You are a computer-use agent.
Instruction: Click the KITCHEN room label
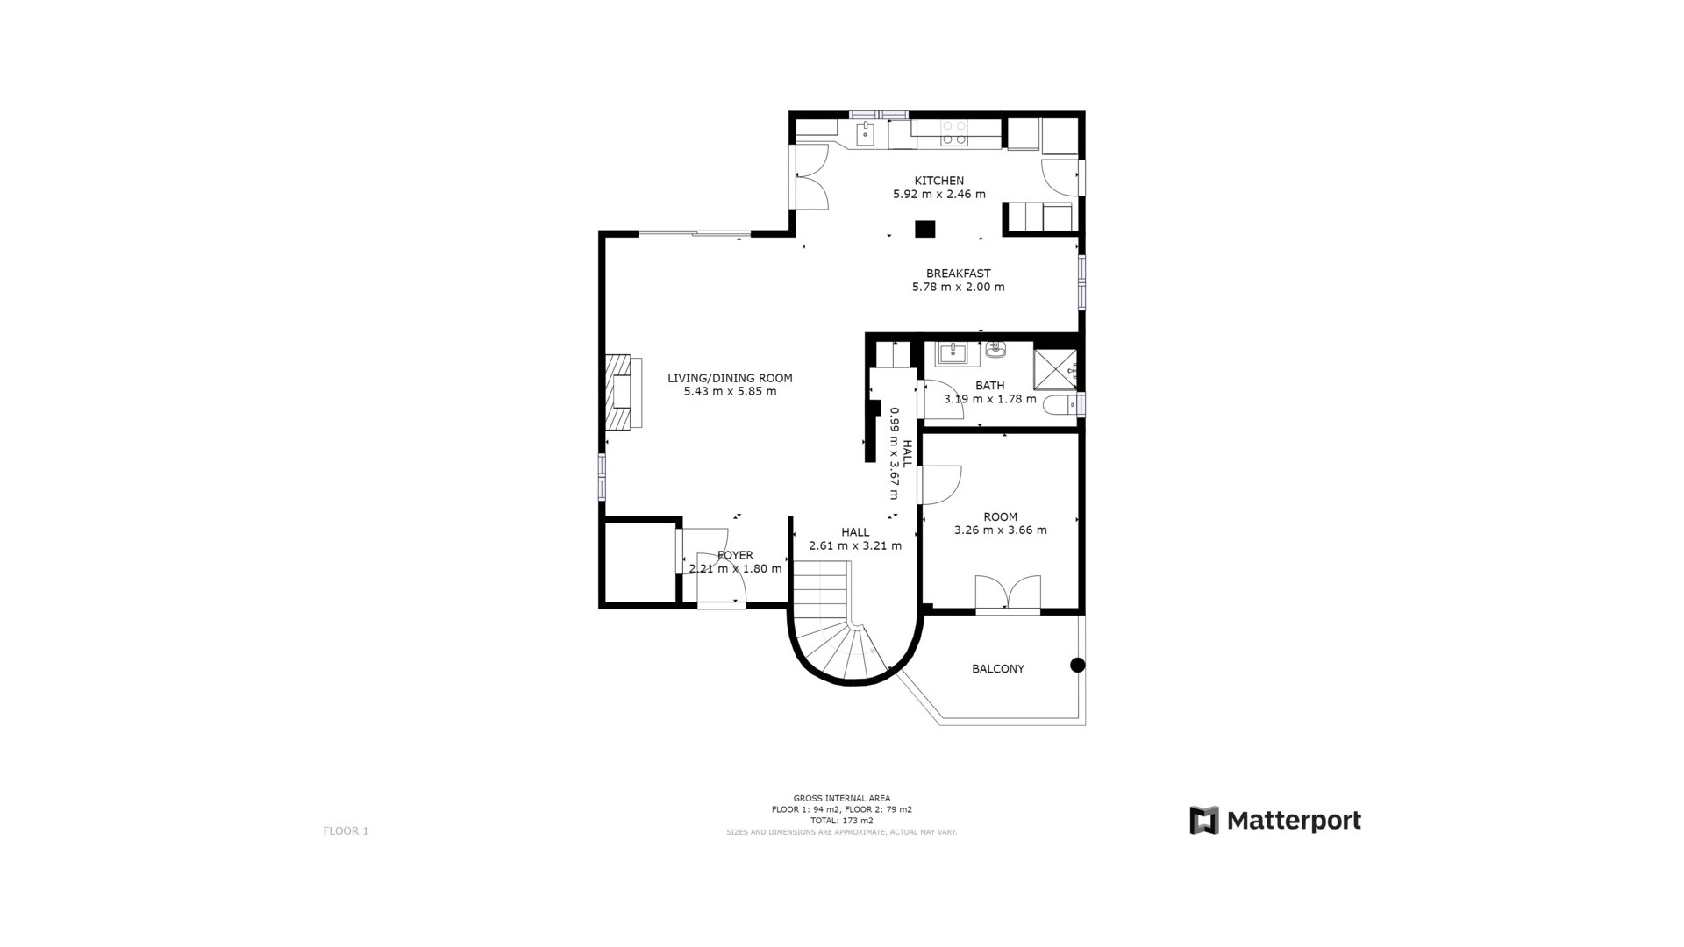(938, 181)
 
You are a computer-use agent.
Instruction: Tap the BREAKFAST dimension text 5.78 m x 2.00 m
(958, 287)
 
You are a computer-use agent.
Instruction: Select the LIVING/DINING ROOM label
(730, 378)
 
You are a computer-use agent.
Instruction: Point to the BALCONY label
(997, 668)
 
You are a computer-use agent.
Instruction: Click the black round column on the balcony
(1077, 665)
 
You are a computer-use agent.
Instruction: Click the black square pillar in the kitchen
(924, 229)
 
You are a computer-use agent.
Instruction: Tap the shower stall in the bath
(1054, 368)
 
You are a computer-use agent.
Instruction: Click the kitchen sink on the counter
(866, 134)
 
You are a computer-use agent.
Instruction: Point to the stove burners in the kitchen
(954, 132)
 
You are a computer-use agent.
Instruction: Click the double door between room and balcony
(1008, 593)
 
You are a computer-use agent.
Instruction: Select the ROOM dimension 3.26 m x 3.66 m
(1000, 530)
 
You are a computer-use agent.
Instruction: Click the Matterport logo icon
(1203, 820)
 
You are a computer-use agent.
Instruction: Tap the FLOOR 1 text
(346, 830)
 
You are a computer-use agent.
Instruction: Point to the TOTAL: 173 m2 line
(841, 821)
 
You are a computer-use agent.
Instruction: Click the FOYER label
(735, 555)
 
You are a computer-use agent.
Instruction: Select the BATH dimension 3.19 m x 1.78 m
(989, 399)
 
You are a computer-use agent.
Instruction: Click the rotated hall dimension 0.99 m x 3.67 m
(894, 453)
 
